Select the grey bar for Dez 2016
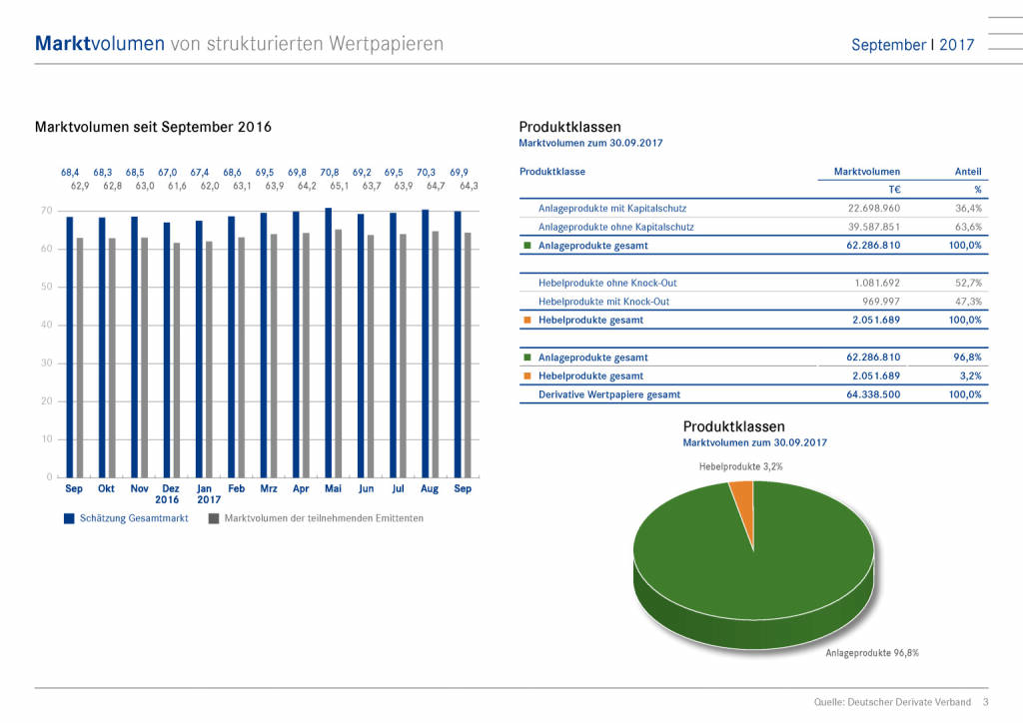177,360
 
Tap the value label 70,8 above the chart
330,172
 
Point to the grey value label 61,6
177,186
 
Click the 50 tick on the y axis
46,287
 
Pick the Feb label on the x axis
237,489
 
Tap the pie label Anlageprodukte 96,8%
871,652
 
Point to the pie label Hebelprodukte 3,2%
740,466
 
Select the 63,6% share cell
968,227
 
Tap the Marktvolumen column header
866,172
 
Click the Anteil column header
968,172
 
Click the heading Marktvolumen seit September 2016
153,127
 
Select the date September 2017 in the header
912,45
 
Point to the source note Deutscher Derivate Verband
892,703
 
